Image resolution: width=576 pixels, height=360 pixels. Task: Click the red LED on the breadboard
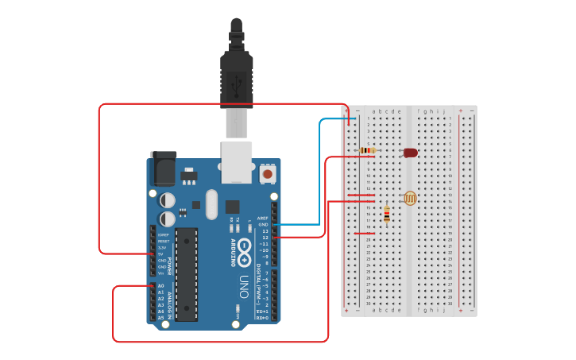pyautogui.click(x=410, y=153)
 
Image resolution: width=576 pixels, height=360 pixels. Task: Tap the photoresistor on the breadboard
pyautogui.click(x=410, y=198)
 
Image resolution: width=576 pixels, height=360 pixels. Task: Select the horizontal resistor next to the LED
pyautogui.click(x=368, y=150)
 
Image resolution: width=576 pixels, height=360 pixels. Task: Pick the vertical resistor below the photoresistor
pyautogui.click(x=387, y=215)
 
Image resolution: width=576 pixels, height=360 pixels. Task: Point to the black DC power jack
pyautogui.click(x=164, y=169)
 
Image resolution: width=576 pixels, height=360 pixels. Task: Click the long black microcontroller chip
pyautogui.click(x=187, y=274)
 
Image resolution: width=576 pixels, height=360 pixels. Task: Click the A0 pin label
pyautogui.click(x=160, y=285)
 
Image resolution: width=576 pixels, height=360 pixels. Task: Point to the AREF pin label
pyautogui.click(x=263, y=218)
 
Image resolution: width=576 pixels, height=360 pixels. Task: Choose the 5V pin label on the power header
pyautogui.click(x=161, y=254)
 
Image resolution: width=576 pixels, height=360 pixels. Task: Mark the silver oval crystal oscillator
pyautogui.click(x=211, y=204)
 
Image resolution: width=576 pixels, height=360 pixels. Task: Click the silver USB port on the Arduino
pyautogui.click(x=237, y=161)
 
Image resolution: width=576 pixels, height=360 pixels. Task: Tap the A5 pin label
pyautogui.click(x=160, y=317)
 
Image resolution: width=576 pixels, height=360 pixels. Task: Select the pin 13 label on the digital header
pyautogui.click(x=265, y=230)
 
